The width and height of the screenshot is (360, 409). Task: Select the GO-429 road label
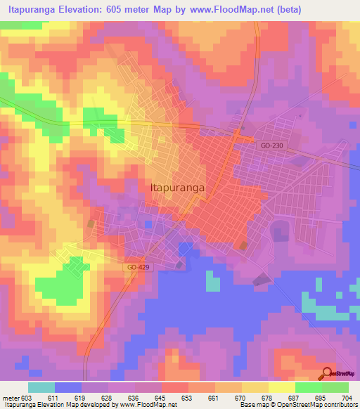point(139,268)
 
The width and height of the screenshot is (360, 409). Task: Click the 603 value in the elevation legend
point(27,398)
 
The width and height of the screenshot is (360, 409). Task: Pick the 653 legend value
point(187,398)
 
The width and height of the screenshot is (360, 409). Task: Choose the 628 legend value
point(107,398)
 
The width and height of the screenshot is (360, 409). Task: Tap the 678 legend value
point(267,398)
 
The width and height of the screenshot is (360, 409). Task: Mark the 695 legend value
point(321,398)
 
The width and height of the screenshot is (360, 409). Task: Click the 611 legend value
point(53,398)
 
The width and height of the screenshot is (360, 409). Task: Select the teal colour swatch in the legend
point(41,387)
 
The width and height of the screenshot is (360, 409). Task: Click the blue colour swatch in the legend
point(67,387)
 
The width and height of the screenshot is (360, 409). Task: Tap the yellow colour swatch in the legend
point(281,387)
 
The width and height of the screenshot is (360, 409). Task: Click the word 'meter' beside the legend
point(11,398)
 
